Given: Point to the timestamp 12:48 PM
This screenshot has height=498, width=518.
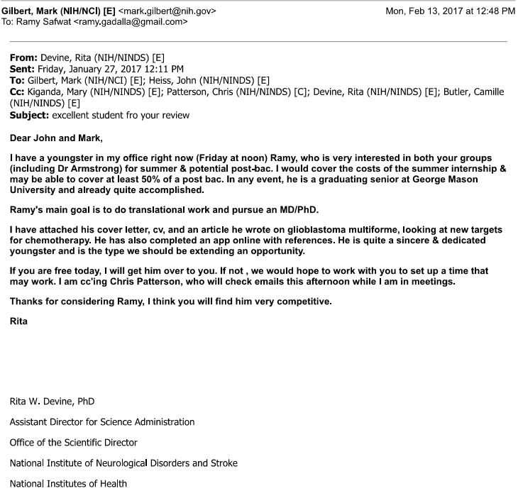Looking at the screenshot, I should (492, 11).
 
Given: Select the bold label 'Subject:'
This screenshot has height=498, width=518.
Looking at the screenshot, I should (29, 114).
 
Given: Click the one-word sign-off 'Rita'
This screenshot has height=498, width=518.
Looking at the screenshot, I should (18, 322).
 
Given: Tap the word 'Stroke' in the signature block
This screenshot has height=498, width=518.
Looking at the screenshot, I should (224, 463).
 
